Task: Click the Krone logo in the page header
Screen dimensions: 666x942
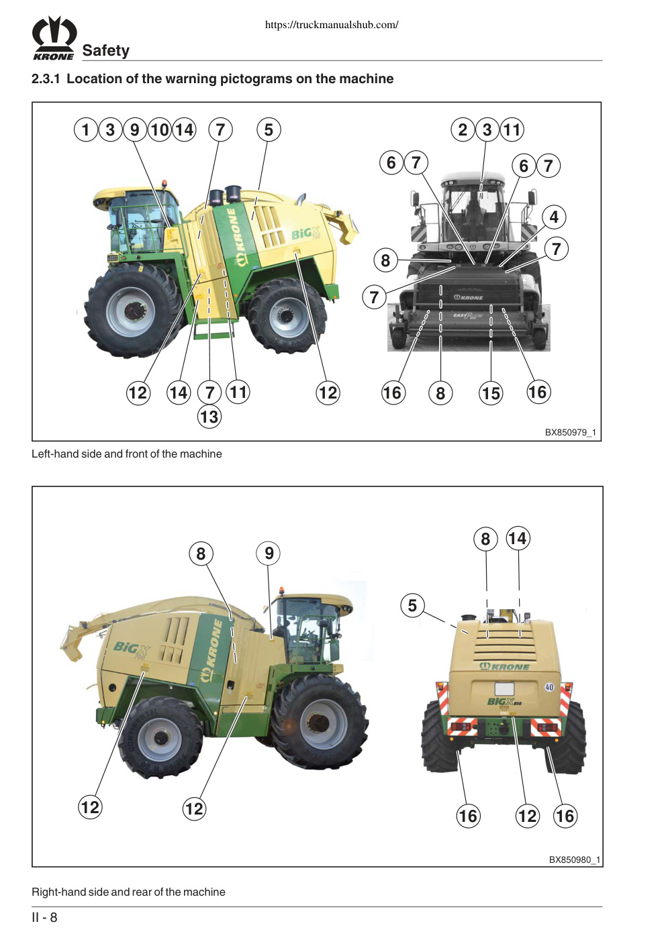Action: [x=54, y=38]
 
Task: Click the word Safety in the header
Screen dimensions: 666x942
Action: [x=106, y=50]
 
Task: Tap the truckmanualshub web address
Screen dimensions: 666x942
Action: [x=332, y=25]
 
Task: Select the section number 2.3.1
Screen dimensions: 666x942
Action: [x=46, y=78]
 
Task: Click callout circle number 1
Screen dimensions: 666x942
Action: [x=86, y=129]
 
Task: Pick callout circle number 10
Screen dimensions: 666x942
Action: [x=160, y=129]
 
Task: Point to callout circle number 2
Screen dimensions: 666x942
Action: [x=463, y=129]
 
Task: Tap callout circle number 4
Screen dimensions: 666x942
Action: [x=554, y=217]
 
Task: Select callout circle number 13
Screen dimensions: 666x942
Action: [x=209, y=417]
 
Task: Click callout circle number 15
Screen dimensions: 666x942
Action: [x=491, y=393]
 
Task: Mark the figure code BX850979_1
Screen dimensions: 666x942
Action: [x=571, y=432]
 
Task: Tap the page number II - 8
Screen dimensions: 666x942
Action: [x=44, y=917]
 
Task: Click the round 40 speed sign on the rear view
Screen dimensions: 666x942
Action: [x=549, y=687]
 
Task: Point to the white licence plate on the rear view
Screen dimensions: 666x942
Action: [x=504, y=689]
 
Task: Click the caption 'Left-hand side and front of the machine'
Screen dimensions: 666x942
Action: [x=127, y=454]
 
